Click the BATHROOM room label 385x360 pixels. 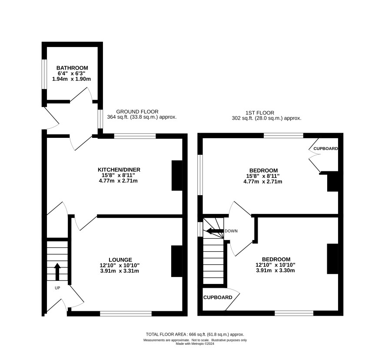point(72,68)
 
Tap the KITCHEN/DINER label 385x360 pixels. point(119,170)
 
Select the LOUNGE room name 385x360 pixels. point(120,260)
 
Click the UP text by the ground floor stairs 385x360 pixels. point(57,288)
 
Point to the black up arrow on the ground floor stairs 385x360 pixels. point(57,272)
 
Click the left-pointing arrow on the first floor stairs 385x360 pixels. point(215,231)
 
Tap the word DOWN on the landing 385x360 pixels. point(231,231)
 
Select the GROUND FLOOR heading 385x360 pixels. point(137,112)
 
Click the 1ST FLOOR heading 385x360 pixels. point(260,113)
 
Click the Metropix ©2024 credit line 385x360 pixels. point(195,344)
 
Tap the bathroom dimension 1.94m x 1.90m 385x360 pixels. point(71,79)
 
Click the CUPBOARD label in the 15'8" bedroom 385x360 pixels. point(325,149)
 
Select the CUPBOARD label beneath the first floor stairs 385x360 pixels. point(218,297)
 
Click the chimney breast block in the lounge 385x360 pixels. point(177,261)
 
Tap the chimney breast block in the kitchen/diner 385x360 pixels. point(177,176)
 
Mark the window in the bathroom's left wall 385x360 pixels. point(44,74)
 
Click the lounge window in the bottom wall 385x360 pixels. point(126,313)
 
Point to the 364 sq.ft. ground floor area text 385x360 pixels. point(142,117)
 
